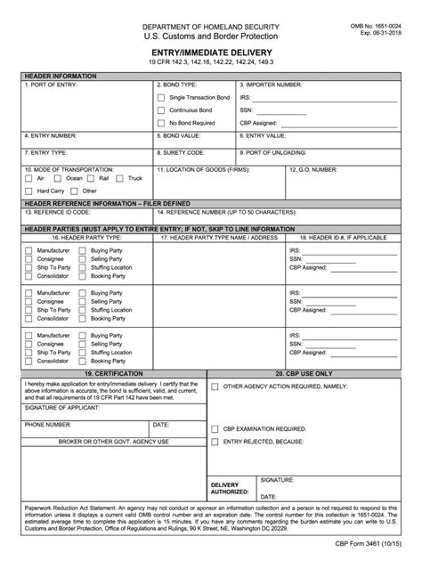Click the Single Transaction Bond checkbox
[160, 96]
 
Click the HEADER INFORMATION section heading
[59, 75]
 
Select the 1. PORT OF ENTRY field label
[51, 84]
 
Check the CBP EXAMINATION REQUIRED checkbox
[215, 428]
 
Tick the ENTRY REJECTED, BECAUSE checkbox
[215, 442]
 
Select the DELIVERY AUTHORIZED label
[229, 488]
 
